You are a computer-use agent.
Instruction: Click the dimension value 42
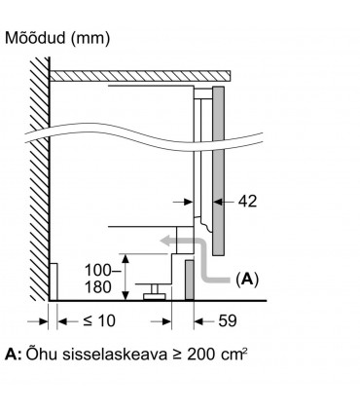tap(247, 203)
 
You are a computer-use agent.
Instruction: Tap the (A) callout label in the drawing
tap(247, 279)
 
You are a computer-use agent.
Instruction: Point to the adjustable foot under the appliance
tap(153, 291)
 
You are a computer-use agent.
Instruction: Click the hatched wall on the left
tap(39, 175)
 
